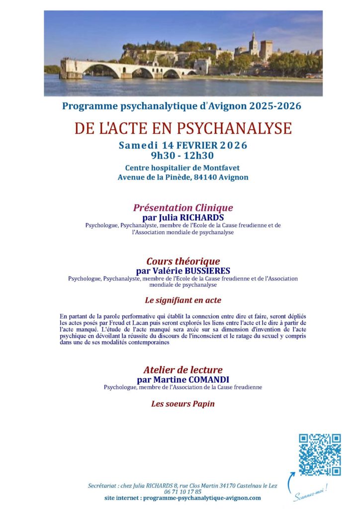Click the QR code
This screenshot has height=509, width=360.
[x=320, y=454]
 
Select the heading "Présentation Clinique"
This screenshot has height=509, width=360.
[x=182, y=208]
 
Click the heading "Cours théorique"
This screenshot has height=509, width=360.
[x=182, y=261]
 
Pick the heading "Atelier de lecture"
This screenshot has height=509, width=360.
[x=182, y=370]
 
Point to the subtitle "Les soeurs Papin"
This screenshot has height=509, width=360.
[x=182, y=404]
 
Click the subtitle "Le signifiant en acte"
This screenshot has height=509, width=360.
[x=182, y=300]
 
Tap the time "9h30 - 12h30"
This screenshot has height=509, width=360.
[x=182, y=155]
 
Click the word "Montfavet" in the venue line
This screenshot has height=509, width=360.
[x=221, y=168]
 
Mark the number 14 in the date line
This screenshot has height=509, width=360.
[x=167, y=146]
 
